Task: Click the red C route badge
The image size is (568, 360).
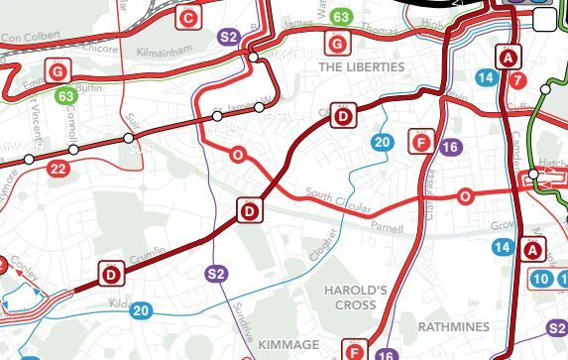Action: coord(188,16)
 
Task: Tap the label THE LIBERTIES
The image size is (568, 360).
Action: coord(362,66)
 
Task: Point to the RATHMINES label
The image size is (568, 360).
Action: coord(453,326)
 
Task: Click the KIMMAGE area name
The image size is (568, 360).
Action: coord(288,344)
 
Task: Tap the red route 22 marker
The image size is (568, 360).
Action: coord(58,169)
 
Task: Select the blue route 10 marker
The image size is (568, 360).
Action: coord(540,280)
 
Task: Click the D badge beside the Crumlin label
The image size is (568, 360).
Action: coord(111,274)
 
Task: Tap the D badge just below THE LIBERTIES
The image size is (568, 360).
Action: coord(343,117)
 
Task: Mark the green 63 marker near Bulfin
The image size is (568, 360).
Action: coord(66,96)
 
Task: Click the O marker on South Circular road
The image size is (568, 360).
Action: coord(465,197)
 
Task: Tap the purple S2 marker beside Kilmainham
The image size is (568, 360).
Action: coord(229,38)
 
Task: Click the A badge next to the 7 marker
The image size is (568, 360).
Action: coord(510,57)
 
